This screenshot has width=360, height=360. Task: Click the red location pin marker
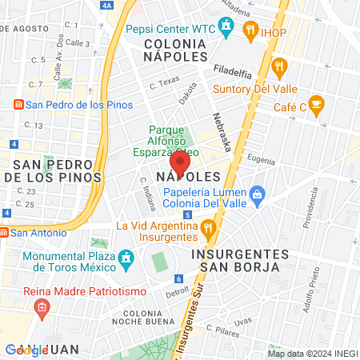181,164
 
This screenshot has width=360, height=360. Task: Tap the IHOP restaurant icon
250,31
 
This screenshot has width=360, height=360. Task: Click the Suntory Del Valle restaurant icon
279,66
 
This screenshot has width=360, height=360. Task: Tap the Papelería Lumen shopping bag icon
257,193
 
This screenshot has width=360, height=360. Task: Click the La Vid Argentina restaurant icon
209,230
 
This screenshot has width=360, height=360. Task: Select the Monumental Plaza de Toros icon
125,258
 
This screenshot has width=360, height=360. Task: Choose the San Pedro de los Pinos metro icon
18,104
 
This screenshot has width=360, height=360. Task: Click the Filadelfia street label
233,70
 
